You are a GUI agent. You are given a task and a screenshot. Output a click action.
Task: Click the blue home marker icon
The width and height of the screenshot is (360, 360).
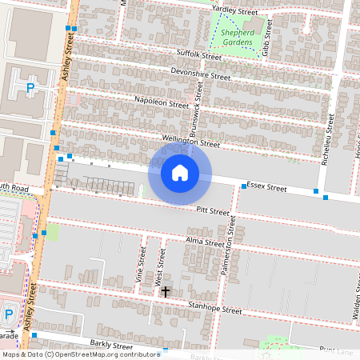coord(180,172)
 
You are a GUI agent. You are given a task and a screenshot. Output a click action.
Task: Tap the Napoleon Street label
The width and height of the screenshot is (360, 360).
coord(162,104)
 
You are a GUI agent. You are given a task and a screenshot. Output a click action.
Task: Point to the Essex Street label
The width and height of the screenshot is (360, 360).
coord(266,188)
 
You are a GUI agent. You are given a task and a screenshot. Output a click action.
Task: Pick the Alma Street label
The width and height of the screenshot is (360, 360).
coord(205,242)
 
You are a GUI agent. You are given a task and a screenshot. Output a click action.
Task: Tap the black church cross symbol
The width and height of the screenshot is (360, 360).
coord(166,293)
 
